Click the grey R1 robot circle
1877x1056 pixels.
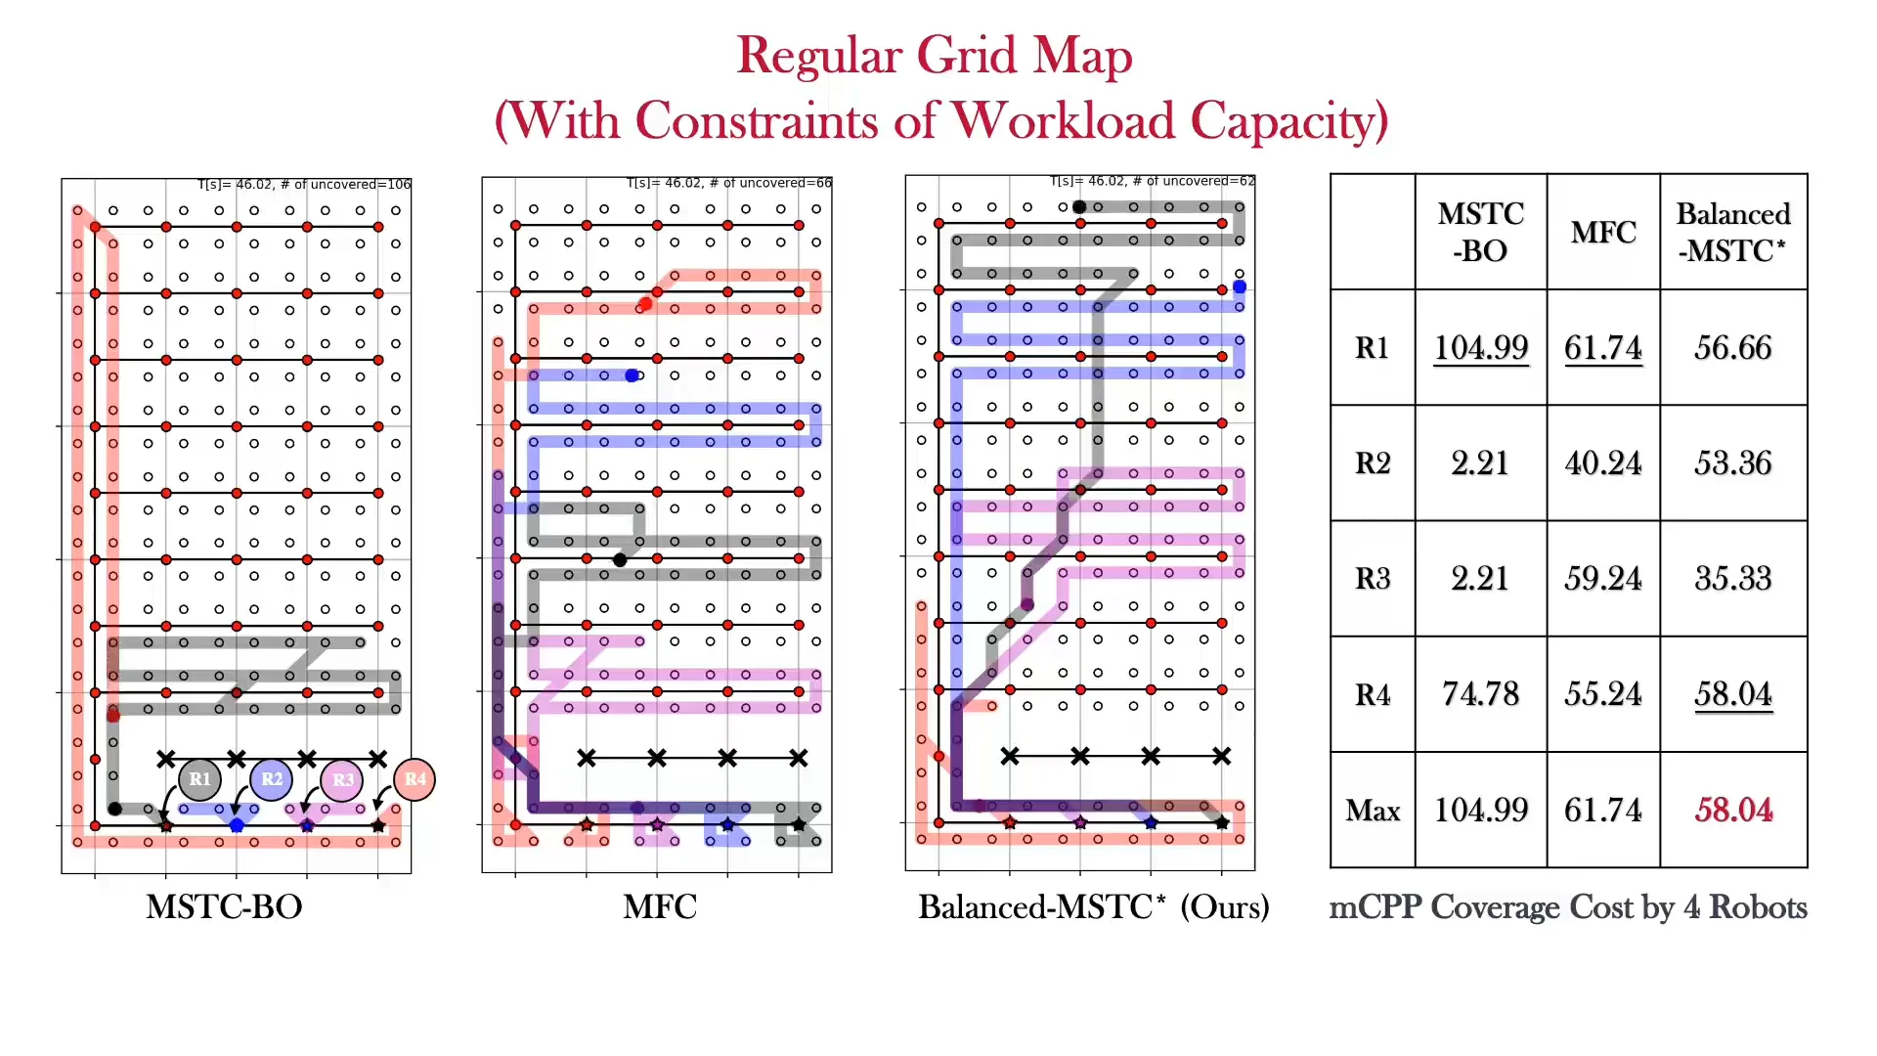pos(200,779)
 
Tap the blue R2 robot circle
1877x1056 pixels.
pos(272,779)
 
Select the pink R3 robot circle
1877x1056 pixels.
pos(342,780)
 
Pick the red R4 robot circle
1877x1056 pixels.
pos(415,779)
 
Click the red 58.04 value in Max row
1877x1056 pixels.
pos(1733,810)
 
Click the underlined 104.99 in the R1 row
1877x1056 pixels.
pos(1480,347)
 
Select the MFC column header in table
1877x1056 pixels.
pos(1603,232)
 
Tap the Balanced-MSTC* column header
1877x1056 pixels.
pos(1733,232)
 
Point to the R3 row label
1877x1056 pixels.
pos(1373,578)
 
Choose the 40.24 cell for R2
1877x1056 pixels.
pos(1603,462)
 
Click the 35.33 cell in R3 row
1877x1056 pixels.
pos(1733,578)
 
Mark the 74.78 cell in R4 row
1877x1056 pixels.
pos(1480,693)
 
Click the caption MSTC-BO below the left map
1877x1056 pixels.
pos(224,906)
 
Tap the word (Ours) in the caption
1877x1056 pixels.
pos(1224,906)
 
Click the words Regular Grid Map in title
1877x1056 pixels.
pos(934,55)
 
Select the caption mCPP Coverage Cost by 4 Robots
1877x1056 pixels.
pos(1568,906)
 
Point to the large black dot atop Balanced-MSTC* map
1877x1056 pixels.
pos(1079,206)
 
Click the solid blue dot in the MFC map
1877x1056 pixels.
pos(632,375)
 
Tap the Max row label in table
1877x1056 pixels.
pos(1373,810)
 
